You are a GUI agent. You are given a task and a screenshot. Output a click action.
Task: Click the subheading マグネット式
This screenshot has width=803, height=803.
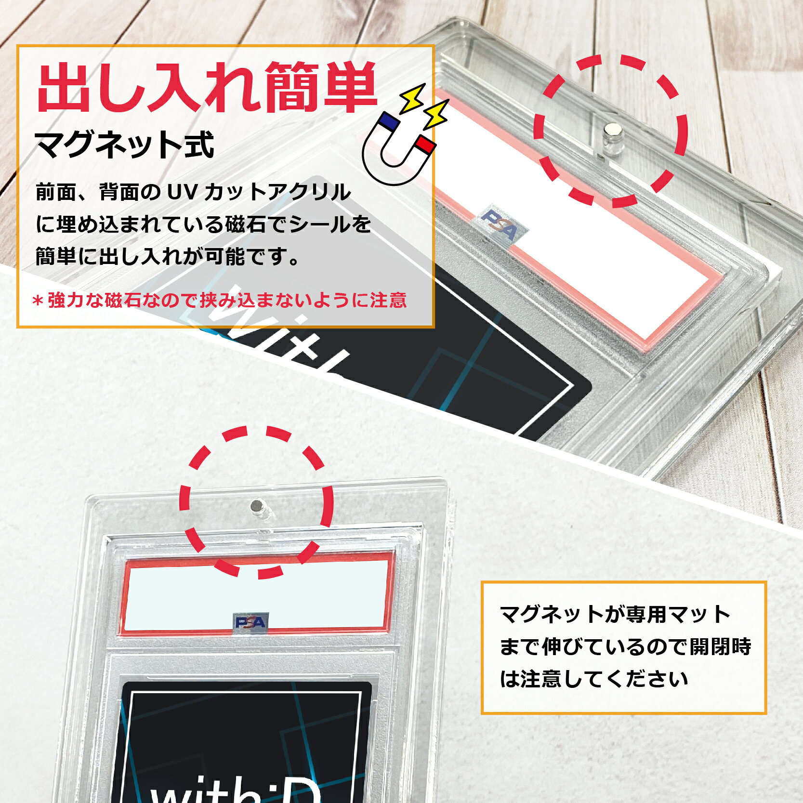pyautogui.click(x=124, y=145)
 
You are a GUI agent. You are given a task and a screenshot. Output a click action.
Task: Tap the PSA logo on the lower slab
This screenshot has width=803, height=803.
pyautogui.click(x=251, y=622)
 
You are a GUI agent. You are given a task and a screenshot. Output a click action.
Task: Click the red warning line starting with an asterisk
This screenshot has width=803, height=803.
pyautogui.click(x=220, y=300)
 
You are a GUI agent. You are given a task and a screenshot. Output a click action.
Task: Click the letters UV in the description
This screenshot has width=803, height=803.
pyautogui.click(x=182, y=192)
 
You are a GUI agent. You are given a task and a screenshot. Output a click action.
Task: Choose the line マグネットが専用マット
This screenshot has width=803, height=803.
pyautogui.click(x=615, y=614)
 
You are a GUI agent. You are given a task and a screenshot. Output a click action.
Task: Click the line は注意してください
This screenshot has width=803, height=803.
pyautogui.click(x=593, y=679)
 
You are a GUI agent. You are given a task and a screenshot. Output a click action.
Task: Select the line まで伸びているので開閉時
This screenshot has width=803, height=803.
pyautogui.click(x=625, y=646)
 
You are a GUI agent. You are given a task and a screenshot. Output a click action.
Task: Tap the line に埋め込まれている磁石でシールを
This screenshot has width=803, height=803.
pyautogui.click(x=203, y=224)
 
